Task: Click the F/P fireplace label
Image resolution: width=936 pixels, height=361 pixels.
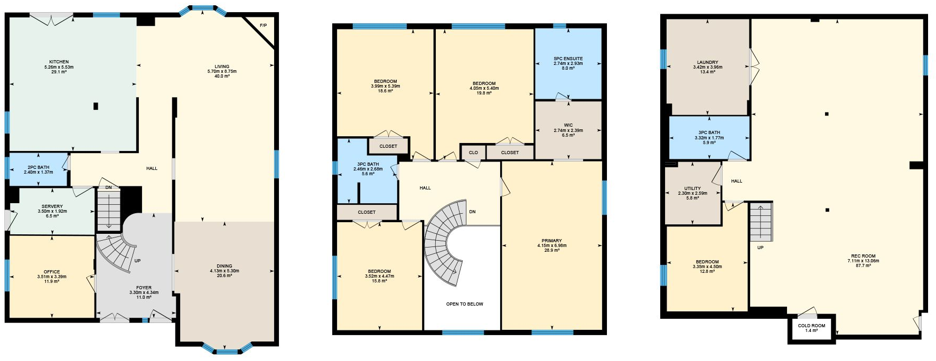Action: [x=264, y=26]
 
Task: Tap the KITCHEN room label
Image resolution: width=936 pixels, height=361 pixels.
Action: [x=59, y=62]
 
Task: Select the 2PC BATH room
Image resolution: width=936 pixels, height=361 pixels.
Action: [x=39, y=169]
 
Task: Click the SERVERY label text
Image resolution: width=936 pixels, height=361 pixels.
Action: [x=52, y=206]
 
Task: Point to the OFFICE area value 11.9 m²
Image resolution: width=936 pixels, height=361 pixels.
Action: [x=52, y=281]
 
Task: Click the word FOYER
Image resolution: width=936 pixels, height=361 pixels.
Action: [x=144, y=288]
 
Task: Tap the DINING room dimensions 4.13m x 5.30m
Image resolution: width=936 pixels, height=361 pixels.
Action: [x=224, y=271]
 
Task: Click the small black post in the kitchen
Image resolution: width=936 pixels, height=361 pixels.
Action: [x=96, y=106]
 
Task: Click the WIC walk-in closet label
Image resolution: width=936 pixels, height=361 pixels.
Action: [x=568, y=126]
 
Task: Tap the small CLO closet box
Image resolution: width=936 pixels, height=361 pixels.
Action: [x=473, y=153]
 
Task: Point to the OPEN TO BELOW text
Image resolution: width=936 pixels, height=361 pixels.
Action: [x=464, y=304]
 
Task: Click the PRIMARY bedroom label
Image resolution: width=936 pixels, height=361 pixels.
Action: [x=551, y=241]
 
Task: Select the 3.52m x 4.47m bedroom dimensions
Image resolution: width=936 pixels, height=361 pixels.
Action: [x=379, y=276]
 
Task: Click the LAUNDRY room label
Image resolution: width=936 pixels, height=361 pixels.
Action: [x=707, y=62]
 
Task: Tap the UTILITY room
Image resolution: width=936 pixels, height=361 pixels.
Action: [x=692, y=193]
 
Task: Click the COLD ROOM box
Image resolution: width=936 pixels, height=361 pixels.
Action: [x=811, y=328]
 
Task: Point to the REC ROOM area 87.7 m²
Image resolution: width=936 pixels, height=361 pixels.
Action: [x=863, y=265]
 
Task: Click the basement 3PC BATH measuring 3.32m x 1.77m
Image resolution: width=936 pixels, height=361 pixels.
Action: [x=709, y=137]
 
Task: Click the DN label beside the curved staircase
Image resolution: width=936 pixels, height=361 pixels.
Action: [x=472, y=212]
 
